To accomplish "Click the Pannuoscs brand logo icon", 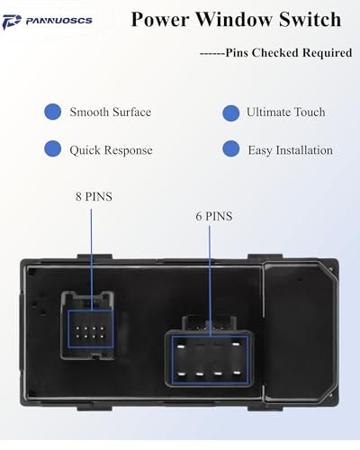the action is click(x=12, y=22).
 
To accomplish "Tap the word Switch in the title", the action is click(x=310, y=20).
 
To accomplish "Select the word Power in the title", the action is click(x=160, y=20).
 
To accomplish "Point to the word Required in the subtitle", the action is click(x=327, y=53).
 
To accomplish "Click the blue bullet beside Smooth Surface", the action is click(x=53, y=112).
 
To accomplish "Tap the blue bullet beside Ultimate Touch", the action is click(x=231, y=113).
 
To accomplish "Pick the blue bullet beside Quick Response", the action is click(x=53, y=148).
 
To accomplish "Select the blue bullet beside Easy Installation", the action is click(x=231, y=148).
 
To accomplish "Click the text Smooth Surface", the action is click(x=111, y=112).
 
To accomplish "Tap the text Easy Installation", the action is click(x=291, y=150).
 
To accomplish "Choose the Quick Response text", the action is click(x=111, y=150).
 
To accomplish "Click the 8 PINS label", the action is click(x=94, y=196).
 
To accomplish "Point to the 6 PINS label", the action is click(x=214, y=216).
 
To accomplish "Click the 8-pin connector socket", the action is click(x=87, y=325).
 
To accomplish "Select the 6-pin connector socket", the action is click(x=210, y=354).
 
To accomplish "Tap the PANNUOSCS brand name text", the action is click(x=59, y=21).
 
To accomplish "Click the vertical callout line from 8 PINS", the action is click(x=92, y=259).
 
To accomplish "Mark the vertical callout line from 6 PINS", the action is click(x=210, y=281).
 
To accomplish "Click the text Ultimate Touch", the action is click(x=286, y=112).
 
